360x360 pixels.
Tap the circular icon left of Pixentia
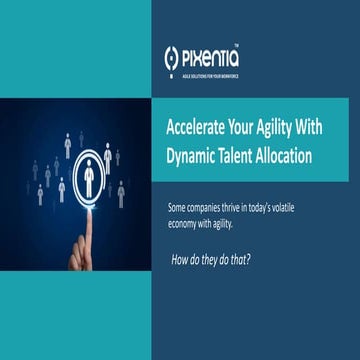point(172,59)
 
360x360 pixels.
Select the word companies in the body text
point(208,207)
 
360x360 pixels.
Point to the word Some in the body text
point(179,207)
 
